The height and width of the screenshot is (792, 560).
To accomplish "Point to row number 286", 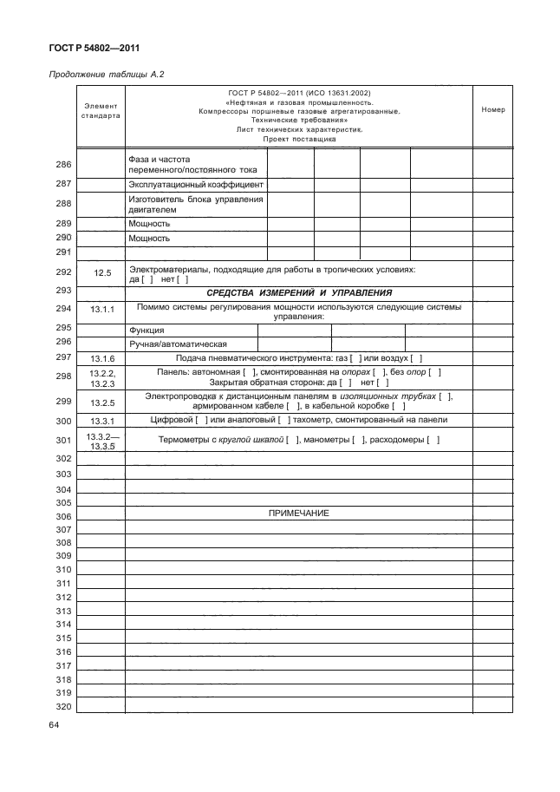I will (62, 165).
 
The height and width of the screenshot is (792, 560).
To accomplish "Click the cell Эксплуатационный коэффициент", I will (195, 185).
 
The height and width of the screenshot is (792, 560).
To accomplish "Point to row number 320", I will (62, 706).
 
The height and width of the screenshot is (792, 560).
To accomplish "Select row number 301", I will (62, 440).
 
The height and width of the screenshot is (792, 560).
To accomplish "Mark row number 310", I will (62, 569).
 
